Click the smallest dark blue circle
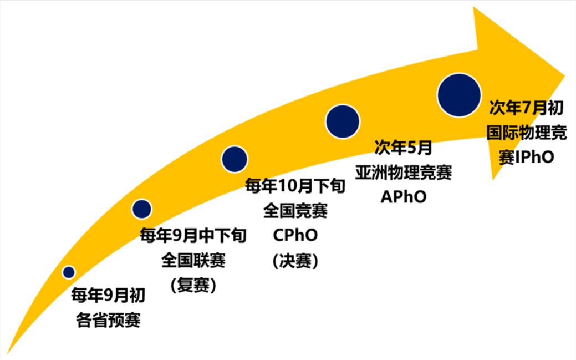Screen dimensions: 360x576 [69, 272]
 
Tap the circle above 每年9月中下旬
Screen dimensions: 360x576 [142, 209]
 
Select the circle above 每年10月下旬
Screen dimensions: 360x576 [235, 159]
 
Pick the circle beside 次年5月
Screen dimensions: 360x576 [343, 121]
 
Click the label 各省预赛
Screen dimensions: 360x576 [108, 320]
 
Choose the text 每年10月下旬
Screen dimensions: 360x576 [295, 186]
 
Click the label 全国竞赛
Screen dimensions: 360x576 [295, 211]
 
